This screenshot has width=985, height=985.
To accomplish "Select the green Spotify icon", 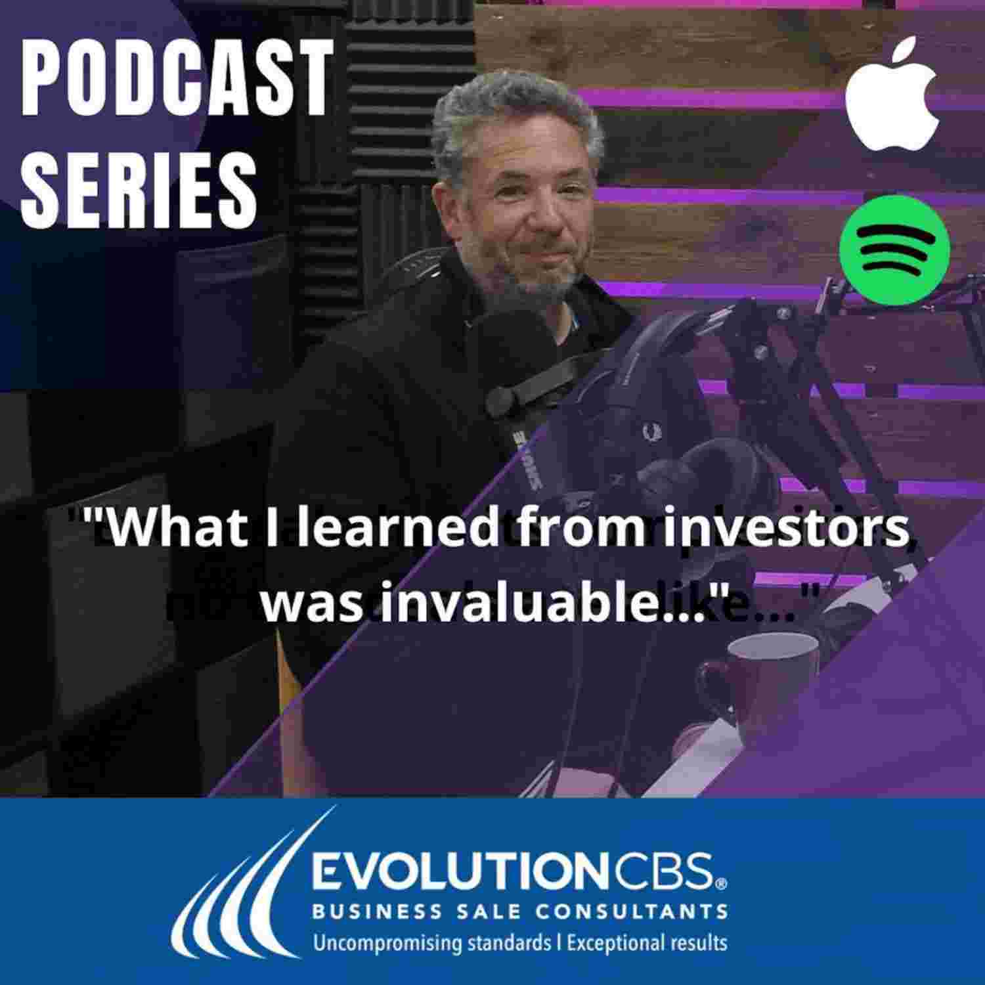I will pyautogui.click(x=894, y=250).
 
